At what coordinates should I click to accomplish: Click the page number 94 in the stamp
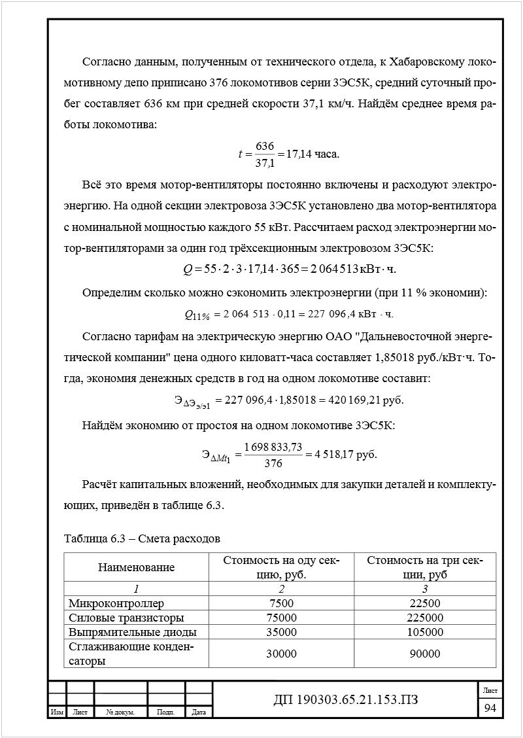pyautogui.click(x=490, y=708)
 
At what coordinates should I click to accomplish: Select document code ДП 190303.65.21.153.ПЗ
pyautogui.click(x=345, y=700)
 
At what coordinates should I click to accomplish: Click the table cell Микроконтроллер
pyautogui.click(x=117, y=603)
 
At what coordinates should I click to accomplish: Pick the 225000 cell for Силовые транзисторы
pyautogui.click(x=424, y=618)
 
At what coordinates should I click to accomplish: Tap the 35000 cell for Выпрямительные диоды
pyautogui.click(x=281, y=632)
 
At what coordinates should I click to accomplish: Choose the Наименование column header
pyautogui.click(x=136, y=567)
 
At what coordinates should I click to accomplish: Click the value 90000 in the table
pyautogui.click(x=424, y=654)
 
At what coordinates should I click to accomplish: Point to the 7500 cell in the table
pyautogui.click(x=281, y=603)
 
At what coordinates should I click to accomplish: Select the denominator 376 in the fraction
pyautogui.click(x=273, y=463)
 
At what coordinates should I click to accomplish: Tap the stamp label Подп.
pyautogui.click(x=166, y=712)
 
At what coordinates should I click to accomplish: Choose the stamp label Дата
pyautogui.click(x=199, y=712)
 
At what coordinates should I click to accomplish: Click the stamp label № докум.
pyautogui.click(x=120, y=712)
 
